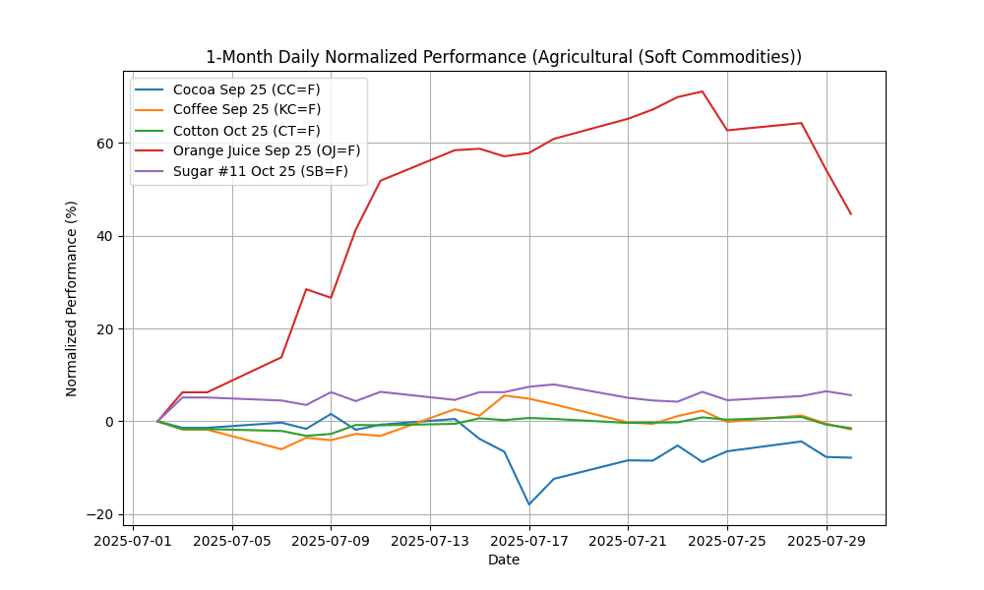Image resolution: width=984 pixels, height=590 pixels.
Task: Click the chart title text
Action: coord(503,57)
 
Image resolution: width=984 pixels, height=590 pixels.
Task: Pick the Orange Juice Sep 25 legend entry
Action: coord(266,150)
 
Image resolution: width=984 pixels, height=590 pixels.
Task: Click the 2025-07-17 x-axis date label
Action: coord(529,540)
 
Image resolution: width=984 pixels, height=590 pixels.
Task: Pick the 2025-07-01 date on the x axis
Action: coord(133,540)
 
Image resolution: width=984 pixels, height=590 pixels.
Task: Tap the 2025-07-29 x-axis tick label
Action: coord(827,540)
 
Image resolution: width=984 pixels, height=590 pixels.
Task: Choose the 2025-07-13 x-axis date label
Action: coord(430,540)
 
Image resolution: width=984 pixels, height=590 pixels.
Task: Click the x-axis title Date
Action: coord(503,560)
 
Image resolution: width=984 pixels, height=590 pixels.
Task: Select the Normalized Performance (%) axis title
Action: coord(72,298)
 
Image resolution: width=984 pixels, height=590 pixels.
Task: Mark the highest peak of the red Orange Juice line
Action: coord(703,91)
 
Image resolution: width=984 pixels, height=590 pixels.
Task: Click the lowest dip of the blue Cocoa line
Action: coord(529,504)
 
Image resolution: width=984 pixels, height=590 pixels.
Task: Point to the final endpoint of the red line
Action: coord(851,214)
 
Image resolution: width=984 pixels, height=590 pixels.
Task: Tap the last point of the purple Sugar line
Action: coord(851,395)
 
